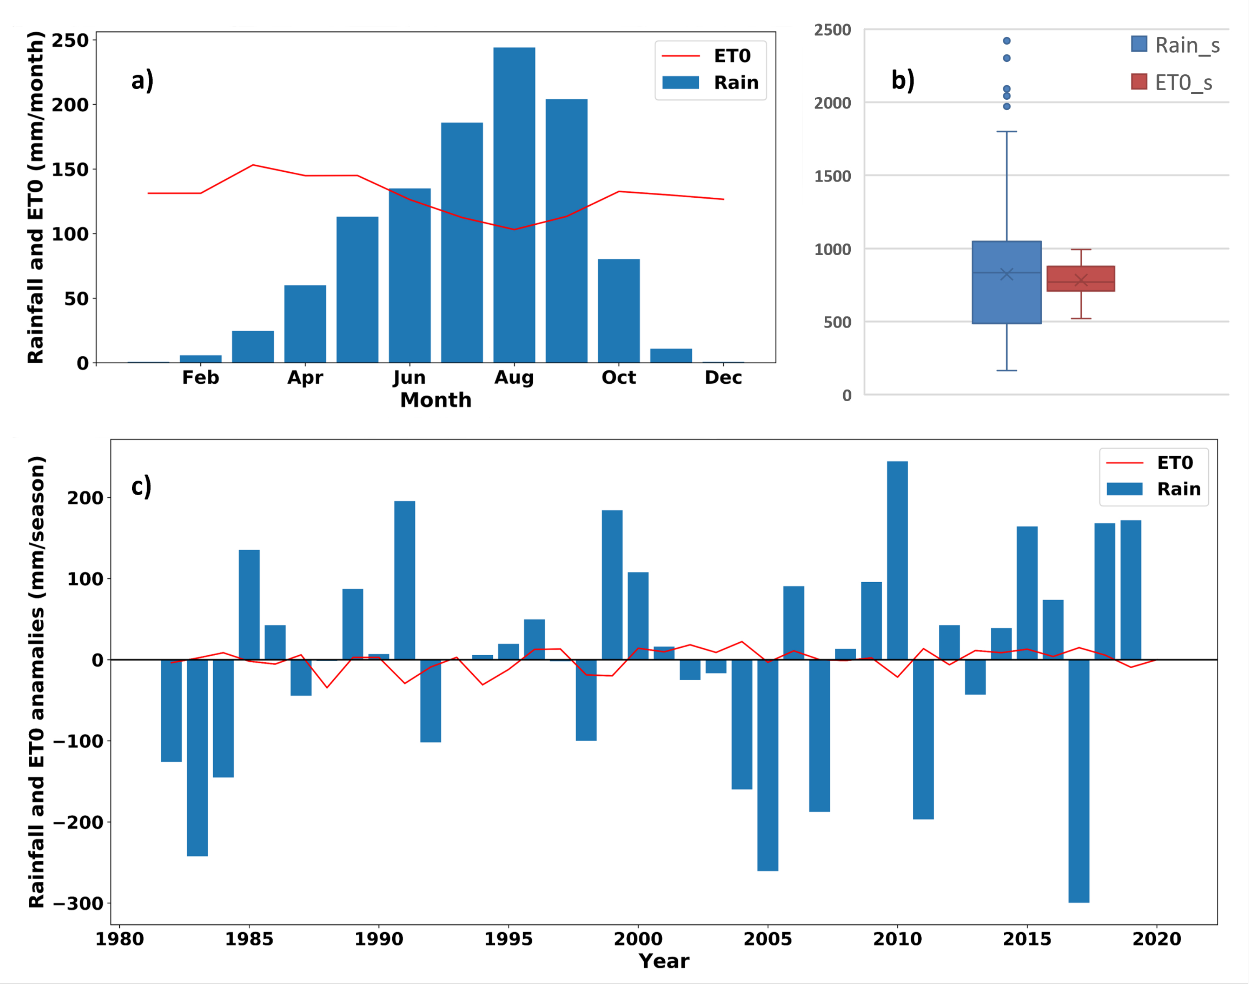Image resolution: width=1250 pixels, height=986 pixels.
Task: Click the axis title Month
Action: click(436, 400)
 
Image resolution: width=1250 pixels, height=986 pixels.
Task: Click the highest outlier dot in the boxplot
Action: click(1006, 41)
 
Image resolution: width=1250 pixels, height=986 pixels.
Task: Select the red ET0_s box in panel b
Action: click(1080, 279)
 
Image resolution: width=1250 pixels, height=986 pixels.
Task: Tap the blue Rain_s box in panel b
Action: click(1006, 282)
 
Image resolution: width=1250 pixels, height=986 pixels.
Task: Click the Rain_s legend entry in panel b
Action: click(1175, 45)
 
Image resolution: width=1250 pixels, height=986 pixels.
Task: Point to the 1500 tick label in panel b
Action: click(832, 176)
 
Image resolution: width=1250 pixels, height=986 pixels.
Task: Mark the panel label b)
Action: click(902, 80)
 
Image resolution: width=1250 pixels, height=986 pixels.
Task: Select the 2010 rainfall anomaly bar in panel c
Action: click(897, 560)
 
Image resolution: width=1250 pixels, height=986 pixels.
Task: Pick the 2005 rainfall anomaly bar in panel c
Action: click(767, 765)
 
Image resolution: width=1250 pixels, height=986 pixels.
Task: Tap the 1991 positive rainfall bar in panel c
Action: click(405, 580)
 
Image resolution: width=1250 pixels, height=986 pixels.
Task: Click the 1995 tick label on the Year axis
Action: click(508, 939)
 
